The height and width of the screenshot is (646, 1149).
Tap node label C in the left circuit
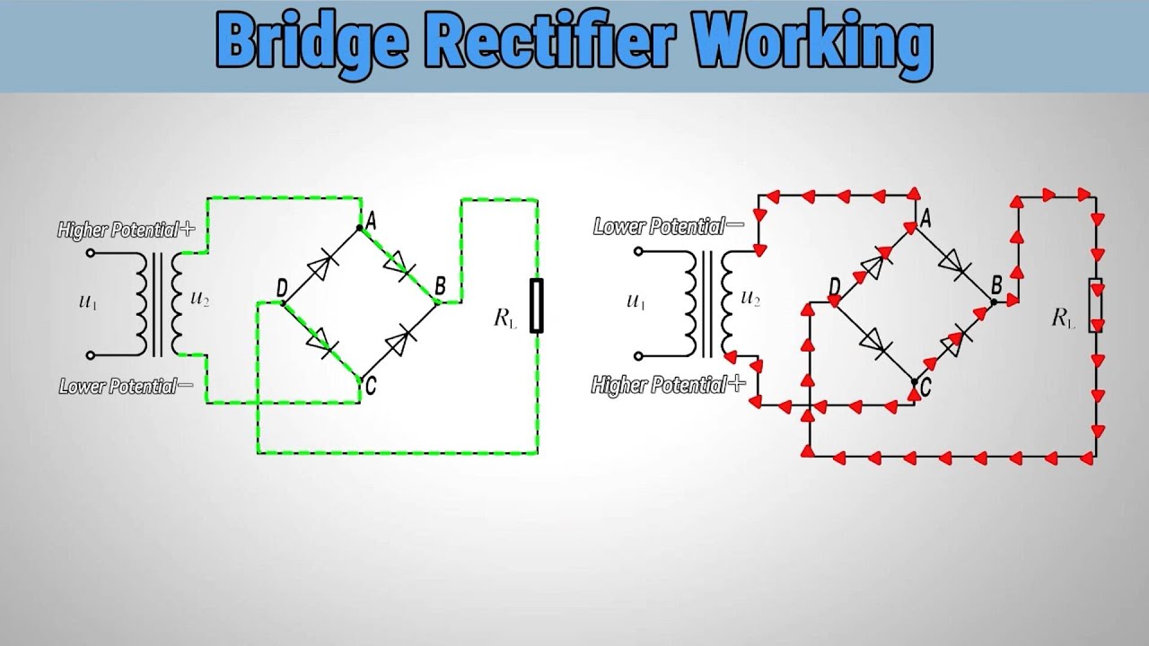pos(369,386)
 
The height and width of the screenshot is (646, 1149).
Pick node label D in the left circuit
pos(282,288)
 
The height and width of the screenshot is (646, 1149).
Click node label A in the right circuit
pos(925,216)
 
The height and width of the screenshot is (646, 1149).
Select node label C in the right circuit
pos(925,388)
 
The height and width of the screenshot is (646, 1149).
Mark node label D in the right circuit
pos(834,287)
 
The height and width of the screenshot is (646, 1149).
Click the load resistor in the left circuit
pos(537,306)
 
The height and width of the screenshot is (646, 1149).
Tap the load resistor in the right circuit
pos(1096,306)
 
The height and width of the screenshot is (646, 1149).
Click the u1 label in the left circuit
pos(87,302)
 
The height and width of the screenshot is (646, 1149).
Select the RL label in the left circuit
pos(505,319)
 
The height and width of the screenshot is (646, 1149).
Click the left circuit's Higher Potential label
pos(126,231)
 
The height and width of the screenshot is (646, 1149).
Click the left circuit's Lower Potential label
pos(126,388)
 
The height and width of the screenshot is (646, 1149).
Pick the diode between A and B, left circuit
pos(399,265)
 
